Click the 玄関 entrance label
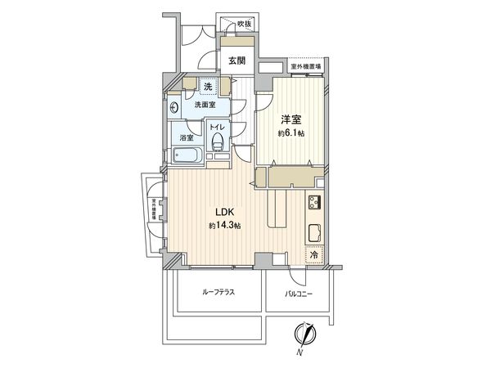point(236,60)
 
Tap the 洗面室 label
point(205,105)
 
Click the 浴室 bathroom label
point(187,138)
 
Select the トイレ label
point(217,128)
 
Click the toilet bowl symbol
point(217,143)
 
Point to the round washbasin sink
point(175,106)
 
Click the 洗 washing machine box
point(207,87)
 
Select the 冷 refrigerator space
point(315,256)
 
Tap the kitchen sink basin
point(314,231)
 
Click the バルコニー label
point(298,292)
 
